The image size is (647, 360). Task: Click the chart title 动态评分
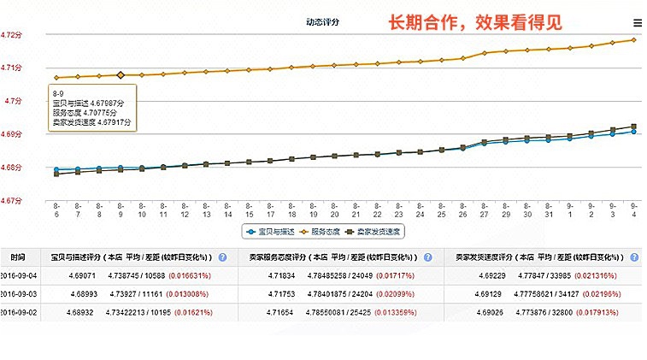pyautogui.click(x=323, y=21)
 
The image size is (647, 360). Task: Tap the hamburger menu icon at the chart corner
pyautogui.click(x=638, y=23)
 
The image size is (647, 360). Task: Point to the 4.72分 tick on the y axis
pyautogui.click(x=11, y=35)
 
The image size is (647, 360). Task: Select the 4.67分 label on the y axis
pyautogui.click(x=11, y=201)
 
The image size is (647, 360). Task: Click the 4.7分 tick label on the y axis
pyautogui.click(x=13, y=101)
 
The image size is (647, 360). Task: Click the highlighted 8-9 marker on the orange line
pyautogui.click(x=121, y=75)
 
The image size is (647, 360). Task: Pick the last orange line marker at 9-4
pyautogui.click(x=633, y=39)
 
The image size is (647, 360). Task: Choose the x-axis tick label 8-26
pyautogui.click(x=462, y=210)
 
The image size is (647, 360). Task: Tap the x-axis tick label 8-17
pyautogui.click(x=270, y=210)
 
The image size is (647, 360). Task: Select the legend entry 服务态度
pyautogui.click(x=324, y=231)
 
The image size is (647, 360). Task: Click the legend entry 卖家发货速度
pyautogui.click(x=379, y=231)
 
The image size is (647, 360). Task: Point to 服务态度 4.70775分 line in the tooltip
pyautogui.click(x=88, y=112)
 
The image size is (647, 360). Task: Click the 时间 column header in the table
pyautogui.click(x=18, y=257)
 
